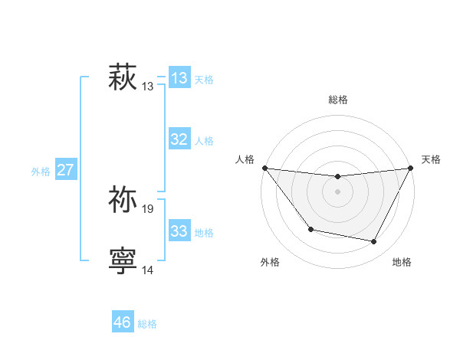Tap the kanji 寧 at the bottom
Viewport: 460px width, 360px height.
(x=123, y=260)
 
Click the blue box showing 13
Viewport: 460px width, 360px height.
(x=179, y=77)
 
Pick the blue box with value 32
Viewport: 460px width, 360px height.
(x=179, y=139)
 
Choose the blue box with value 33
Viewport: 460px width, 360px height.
(x=179, y=231)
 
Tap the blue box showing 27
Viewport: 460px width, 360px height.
(x=66, y=170)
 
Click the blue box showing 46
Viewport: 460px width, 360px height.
(x=123, y=322)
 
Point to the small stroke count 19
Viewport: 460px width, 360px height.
(x=148, y=208)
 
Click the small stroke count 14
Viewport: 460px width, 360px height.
(x=148, y=270)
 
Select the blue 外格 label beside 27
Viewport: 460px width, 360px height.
(x=41, y=172)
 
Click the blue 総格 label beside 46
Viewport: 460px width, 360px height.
(x=147, y=324)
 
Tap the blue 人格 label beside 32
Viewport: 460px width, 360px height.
(x=204, y=141)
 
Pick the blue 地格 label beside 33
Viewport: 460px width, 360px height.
(x=204, y=233)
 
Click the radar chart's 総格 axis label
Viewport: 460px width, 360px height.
(x=337, y=99)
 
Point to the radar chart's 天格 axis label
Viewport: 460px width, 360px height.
(x=431, y=159)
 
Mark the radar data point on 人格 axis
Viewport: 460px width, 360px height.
(x=264, y=168)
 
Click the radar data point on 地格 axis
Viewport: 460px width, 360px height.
(x=374, y=242)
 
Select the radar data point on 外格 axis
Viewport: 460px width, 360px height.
(x=310, y=229)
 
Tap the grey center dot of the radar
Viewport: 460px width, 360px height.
(x=337, y=191)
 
